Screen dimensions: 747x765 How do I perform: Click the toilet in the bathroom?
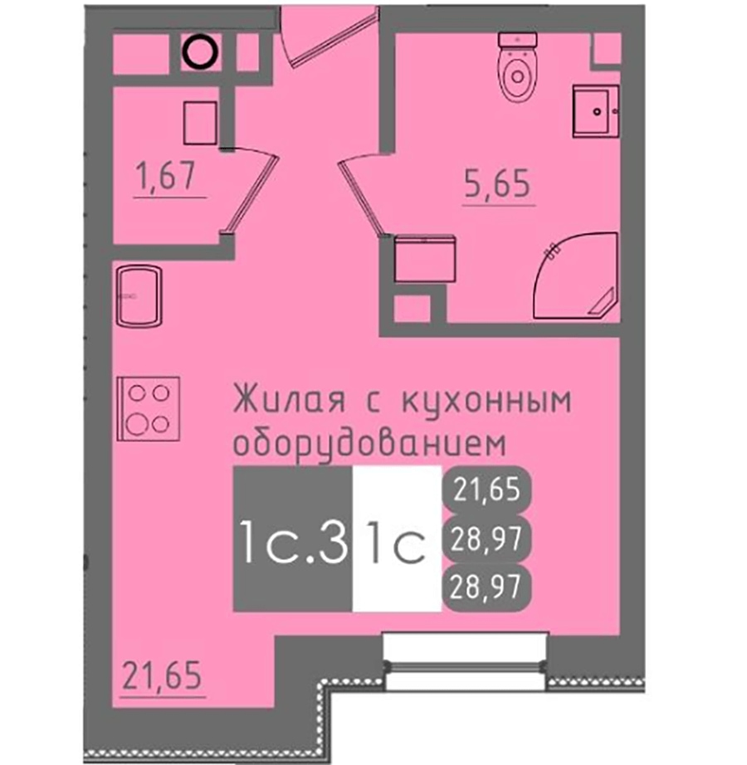click(518, 66)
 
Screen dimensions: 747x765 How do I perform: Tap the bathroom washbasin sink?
click(596, 111)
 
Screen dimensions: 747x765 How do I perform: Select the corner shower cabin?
click(577, 275)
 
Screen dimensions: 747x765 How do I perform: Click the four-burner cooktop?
click(149, 409)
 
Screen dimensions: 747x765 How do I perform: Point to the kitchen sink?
click(139, 295)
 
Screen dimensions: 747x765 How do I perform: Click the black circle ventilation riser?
click(200, 53)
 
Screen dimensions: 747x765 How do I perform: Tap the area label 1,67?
click(166, 176)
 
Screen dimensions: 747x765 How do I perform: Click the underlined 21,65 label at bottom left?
click(162, 675)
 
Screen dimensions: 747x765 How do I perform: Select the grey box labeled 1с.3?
click(293, 538)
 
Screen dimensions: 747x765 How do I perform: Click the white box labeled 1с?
click(398, 538)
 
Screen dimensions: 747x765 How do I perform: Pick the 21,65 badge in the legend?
click(486, 490)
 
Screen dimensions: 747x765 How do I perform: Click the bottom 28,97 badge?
click(486, 586)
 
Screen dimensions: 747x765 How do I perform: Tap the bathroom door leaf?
click(363, 194)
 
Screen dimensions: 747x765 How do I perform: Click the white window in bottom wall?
click(466, 660)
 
